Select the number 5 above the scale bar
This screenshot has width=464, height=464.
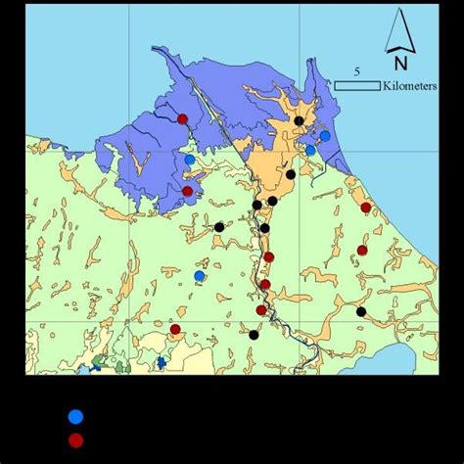357,71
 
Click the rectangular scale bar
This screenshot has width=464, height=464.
357,86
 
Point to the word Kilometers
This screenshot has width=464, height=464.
412,86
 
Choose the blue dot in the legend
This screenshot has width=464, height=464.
75,416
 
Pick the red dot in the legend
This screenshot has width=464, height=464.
75,441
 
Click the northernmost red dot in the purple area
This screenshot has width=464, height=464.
183,119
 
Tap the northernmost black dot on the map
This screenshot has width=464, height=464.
299,120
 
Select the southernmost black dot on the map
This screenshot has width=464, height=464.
254,335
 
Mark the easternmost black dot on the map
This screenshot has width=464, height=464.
361,311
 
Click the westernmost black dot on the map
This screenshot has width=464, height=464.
219,227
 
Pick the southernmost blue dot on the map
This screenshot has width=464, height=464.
200,276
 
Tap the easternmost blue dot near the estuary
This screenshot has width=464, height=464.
325,136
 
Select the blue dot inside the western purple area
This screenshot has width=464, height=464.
190,160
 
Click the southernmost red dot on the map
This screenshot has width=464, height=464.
175,329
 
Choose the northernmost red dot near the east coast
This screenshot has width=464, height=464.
366,208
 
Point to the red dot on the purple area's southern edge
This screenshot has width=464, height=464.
188,191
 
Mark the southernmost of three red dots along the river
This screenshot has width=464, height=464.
260,310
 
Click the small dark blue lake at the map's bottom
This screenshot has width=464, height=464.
161,363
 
